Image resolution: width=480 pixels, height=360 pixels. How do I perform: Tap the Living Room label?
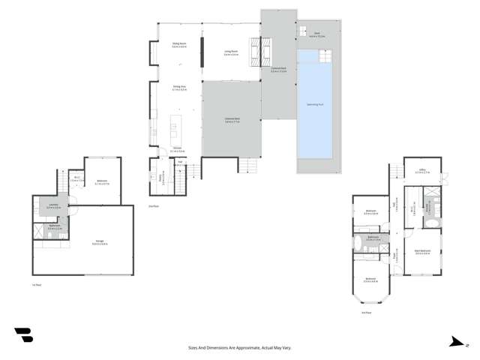[232, 53]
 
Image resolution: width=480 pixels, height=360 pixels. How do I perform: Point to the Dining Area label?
[179, 87]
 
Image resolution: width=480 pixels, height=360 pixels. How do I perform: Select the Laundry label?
[52, 205]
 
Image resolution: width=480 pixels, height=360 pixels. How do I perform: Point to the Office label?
[420, 172]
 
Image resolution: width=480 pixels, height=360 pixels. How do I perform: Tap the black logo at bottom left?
[23, 335]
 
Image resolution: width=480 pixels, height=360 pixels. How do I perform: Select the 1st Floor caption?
[35, 286]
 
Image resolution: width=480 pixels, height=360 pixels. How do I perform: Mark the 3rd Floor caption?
[366, 312]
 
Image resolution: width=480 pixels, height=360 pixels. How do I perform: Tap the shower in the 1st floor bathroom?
[39, 234]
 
